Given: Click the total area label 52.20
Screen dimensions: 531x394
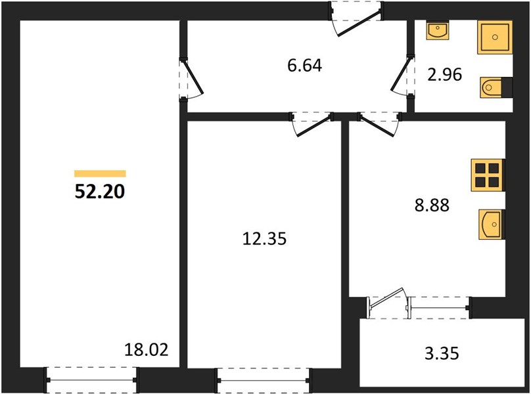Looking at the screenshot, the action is [x=100, y=192].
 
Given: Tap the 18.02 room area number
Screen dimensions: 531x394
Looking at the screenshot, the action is [x=147, y=349].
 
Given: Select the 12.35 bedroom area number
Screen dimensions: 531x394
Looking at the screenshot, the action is [x=264, y=238].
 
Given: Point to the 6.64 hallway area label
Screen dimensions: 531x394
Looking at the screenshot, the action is [x=304, y=65].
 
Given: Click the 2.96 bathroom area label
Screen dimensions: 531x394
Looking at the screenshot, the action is [x=444, y=75].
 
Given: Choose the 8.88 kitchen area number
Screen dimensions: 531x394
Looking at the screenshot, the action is [x=432, y=205].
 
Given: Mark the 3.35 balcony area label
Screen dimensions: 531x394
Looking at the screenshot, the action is [x=442, y=353].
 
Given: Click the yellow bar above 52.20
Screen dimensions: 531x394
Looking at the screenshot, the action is [x=101, y=173].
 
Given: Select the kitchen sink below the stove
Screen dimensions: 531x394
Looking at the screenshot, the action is [x=492, y=225].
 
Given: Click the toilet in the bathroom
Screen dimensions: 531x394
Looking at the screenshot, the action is [x=496, y=88].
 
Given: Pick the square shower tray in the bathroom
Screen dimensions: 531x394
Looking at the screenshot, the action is [x=495, y=37].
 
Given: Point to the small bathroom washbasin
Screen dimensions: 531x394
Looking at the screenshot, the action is [x=438, y=30].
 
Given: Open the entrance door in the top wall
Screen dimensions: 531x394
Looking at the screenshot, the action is [x=357, y=18].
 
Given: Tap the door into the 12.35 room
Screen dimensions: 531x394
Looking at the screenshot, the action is [x=312, y=123].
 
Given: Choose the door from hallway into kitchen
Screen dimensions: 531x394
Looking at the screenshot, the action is [x=379, y=124].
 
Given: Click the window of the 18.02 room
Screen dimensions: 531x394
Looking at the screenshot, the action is [x=91, y=380].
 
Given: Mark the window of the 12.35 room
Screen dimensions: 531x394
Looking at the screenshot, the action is [x=264, y=380].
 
